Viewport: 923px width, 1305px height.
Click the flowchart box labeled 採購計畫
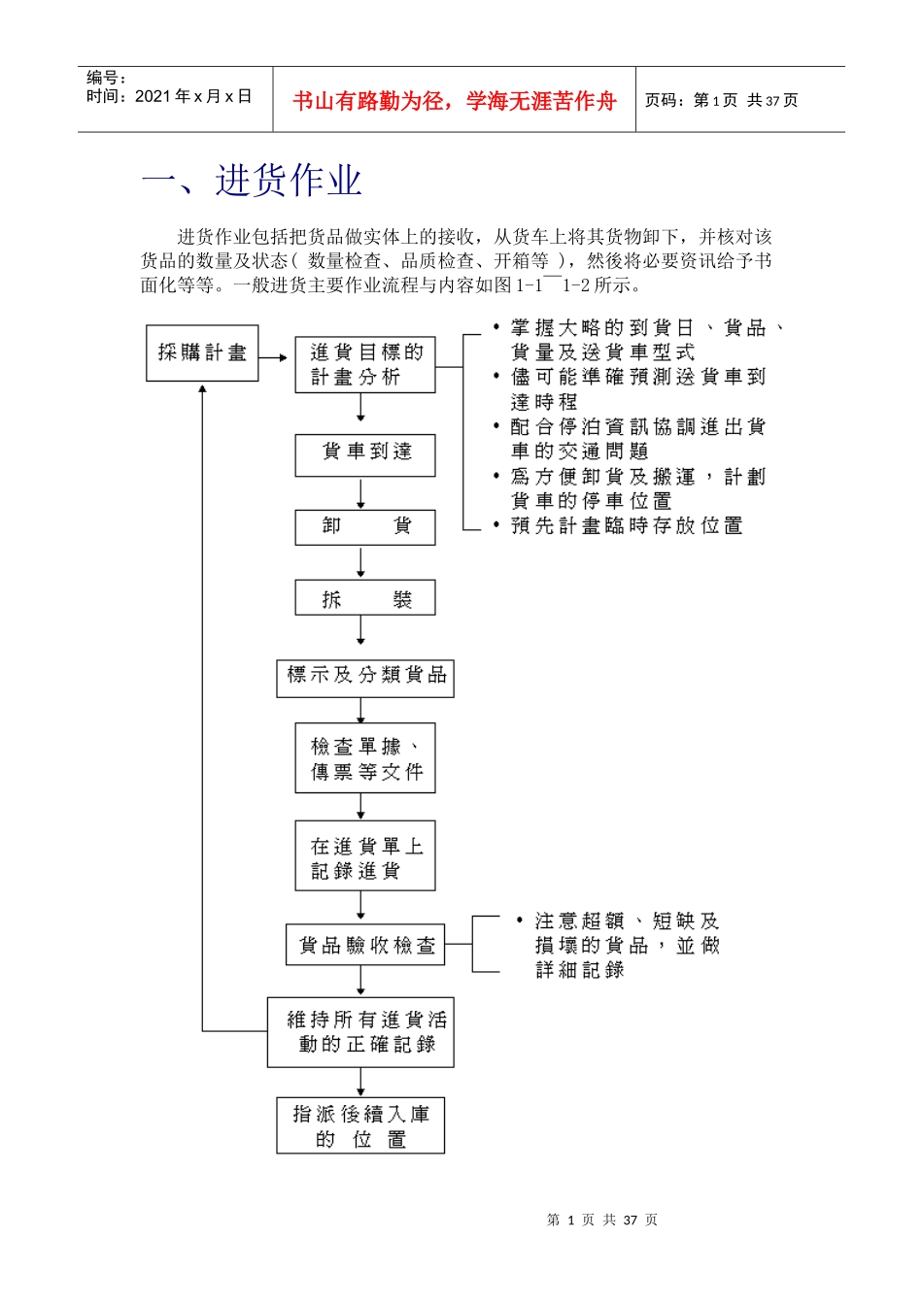point(202,352)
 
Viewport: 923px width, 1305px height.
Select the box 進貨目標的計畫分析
point(365,365)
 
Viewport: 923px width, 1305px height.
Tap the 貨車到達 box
point(365,453)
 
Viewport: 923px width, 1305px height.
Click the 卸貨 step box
point(365,527)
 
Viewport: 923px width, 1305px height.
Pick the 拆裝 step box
point(365,598)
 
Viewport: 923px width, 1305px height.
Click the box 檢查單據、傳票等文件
point(365,758)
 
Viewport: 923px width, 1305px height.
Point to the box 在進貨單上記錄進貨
point(365,856)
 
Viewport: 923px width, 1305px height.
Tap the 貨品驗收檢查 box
point(365,945)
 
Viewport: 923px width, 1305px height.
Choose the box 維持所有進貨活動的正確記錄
point(360,1032)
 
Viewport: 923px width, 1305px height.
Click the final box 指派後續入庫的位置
point(360,1125)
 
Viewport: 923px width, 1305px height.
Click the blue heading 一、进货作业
point(252,181)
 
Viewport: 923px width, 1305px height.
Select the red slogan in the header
point(454,101)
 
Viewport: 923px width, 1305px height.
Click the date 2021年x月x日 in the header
point(193,96)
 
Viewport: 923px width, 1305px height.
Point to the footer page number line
point(601,1220)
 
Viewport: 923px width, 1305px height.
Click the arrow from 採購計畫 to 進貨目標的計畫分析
point(276,358)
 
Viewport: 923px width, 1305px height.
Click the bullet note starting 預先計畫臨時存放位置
point(627,525)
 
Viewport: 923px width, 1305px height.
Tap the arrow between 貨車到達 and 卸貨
point(360,493)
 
